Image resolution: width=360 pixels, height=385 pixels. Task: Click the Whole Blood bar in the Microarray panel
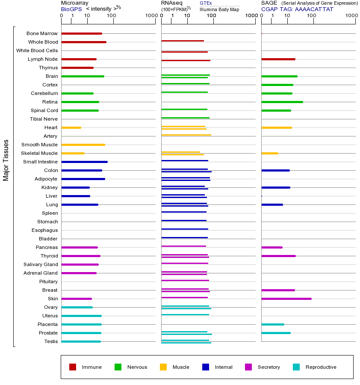pyautogui.click(x=84, y=42)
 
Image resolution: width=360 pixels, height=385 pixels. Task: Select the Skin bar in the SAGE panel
pyautogui.click(x=286, y=299)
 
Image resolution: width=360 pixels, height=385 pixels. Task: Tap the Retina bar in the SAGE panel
pyautogui.click(x=282, y=102)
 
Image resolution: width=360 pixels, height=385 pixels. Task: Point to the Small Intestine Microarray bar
pyautogui.click(x=84, y=162)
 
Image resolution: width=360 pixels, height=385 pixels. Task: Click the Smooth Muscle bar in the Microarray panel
pyautogui.click(x=83, y=145)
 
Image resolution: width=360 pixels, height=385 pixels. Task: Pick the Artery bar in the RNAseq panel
pyautogui.click(x=186, y=135)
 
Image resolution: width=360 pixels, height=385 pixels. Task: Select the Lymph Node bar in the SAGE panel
pyautogui.click(x=278, y=59)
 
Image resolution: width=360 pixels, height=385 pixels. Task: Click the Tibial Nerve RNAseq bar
pyautogui.click(x=185, y=118)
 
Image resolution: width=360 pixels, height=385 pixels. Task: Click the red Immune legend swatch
pyautogui.click(x=73, y=367)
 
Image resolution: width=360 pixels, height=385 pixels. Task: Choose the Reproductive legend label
pyautogui.click(x=321, y=367)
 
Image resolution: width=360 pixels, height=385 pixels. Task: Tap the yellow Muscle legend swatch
pyautogui.click(x=163, y=367)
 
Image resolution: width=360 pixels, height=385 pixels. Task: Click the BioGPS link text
pyautogui.click(x=71, y=9)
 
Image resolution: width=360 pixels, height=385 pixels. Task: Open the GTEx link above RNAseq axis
pyautogui.click(x=206, y=3)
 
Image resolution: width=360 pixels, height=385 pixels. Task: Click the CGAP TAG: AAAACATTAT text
pyautogui.click(x=297, y=9)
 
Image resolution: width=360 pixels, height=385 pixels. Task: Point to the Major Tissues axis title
pyautogui.click(x=6, y=160)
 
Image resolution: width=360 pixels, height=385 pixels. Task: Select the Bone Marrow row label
pyautogui.click(x=42, y=33)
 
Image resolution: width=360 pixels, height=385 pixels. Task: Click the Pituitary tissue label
pyautogui.click(x=48, y=281)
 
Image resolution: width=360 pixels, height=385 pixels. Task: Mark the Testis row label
pyautogui.click(x=51, y=341)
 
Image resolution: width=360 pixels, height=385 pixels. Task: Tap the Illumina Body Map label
pyautogui.click(x=219, y=9)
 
